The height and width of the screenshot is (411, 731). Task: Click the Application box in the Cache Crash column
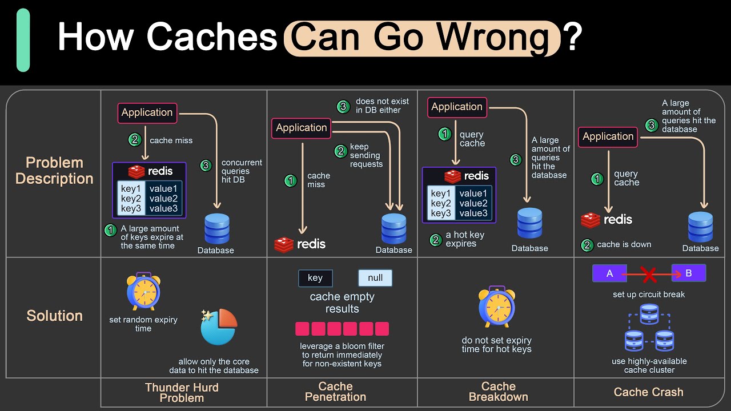click(x=608, y=137)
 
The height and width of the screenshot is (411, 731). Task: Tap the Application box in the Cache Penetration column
click(x=302, y=128)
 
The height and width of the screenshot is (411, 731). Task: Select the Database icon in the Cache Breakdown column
click(x=530, y=223)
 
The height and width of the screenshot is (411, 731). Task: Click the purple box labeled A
click(x=609, y=273)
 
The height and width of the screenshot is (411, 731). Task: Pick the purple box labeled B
click(x=688, y=273)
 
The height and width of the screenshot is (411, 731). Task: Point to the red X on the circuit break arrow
click(x=649, y=275)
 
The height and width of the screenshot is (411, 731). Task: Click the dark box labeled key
click(x=315, y=278)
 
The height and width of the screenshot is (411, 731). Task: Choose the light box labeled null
click(x=375, y=278)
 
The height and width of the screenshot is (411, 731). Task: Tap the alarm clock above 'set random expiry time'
click(x=143, y=291)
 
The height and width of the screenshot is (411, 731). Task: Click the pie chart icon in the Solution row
click(x=219, y=327)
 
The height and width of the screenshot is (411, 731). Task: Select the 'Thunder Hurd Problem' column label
click(x=182, y=393)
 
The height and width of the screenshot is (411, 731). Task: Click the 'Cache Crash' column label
click(x=648, y=392)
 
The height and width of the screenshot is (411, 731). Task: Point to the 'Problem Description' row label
click(x=54, y=171)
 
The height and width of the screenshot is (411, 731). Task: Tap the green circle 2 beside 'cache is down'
click(x=587, y=245)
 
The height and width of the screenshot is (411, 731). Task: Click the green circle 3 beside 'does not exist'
click(x=343, y=106)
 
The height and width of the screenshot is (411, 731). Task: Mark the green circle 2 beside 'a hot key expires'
click(x=436, y=240)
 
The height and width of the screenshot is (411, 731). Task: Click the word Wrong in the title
click(x=492, y=38)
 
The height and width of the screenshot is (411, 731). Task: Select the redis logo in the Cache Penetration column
click(x=300, y=244)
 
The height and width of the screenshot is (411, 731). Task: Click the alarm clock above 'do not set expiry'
click(x=496, y=308)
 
